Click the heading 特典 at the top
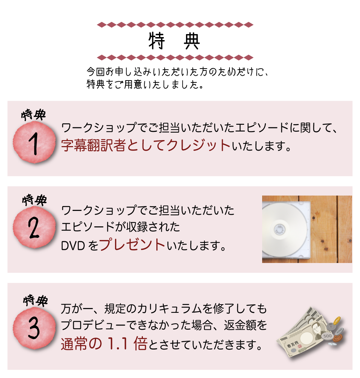click(x=174, y=42)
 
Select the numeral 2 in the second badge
click(x=33, y=229)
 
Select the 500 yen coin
click(x=327, y=336)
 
